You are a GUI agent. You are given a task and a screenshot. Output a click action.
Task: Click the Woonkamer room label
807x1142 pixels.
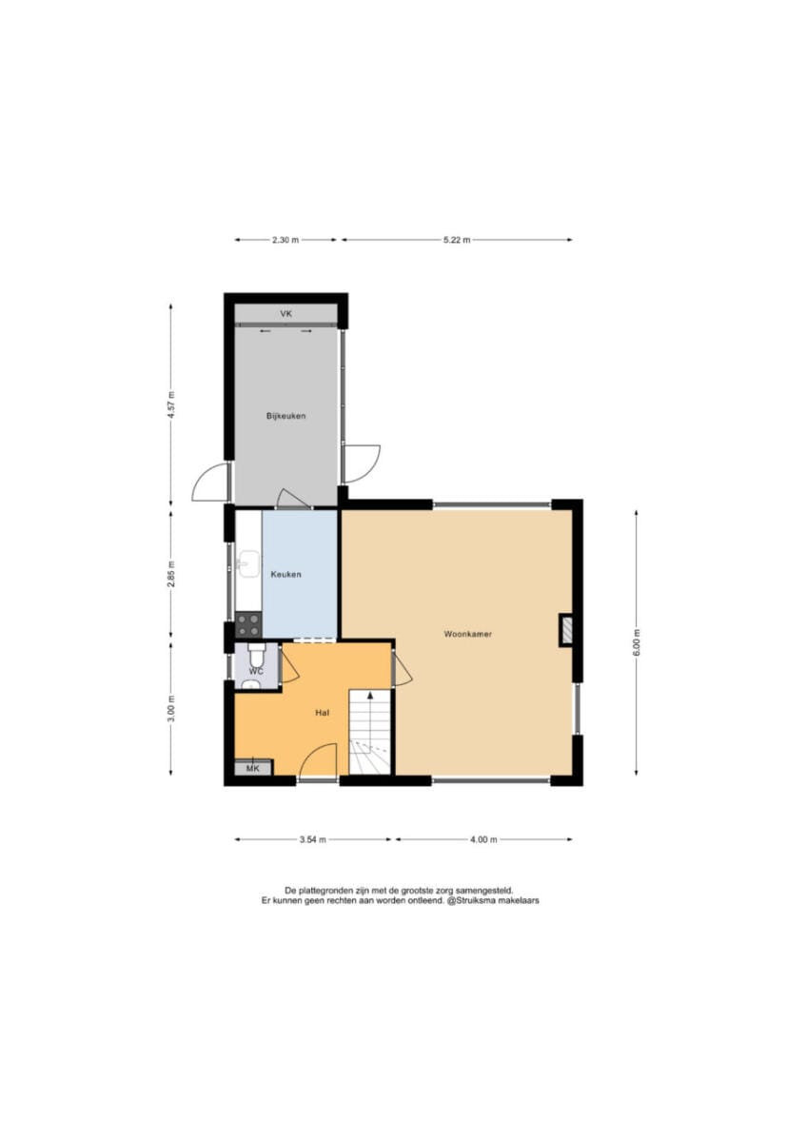tap(467, 634)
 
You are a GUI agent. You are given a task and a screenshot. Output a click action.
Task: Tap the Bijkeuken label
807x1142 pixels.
tap(286, 416)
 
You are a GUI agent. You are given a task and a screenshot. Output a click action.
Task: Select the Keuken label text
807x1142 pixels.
tap(286, 574)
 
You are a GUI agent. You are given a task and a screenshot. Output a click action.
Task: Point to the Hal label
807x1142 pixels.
tap(322, 713)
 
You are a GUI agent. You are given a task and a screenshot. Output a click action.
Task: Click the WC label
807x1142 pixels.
tap(256, 671)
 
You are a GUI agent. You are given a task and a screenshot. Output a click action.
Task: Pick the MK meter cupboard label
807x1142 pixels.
tap(253, 768)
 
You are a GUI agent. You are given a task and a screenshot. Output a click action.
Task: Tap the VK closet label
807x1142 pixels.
tap(286, 313)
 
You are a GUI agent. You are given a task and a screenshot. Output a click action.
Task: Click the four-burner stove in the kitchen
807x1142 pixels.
tap(248, 624)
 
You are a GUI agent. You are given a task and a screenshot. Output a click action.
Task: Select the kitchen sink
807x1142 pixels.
tap(247, 563)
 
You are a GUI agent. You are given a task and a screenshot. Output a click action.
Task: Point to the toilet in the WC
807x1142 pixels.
tap(257, 655)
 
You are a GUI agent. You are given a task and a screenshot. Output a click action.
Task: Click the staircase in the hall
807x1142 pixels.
tap(369, 732)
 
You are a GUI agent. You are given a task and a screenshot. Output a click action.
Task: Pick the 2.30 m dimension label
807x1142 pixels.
tap(285, 240)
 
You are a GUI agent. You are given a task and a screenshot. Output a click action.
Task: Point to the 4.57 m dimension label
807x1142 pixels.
tap(172, 404)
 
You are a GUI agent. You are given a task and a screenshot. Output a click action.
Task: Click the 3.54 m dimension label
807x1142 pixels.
tap(313, 839)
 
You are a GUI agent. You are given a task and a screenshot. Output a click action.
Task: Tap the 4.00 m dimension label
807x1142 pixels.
tap(483, 839)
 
